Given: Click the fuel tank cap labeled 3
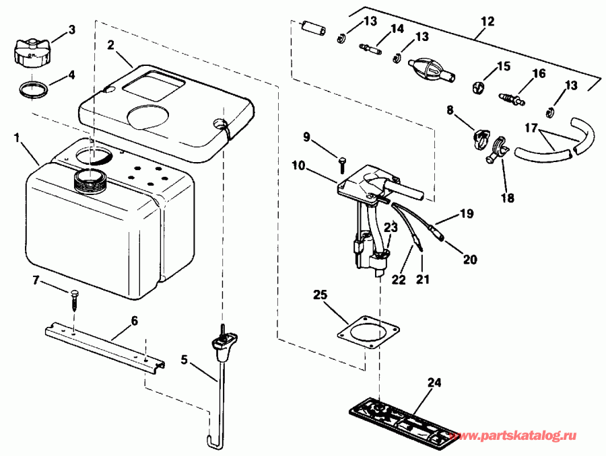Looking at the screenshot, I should tap(30, 51).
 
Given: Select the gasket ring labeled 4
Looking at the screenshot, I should tap(32, 89).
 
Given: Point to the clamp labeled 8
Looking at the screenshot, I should tap(479, 138).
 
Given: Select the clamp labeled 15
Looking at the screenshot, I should tap(479, 86).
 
